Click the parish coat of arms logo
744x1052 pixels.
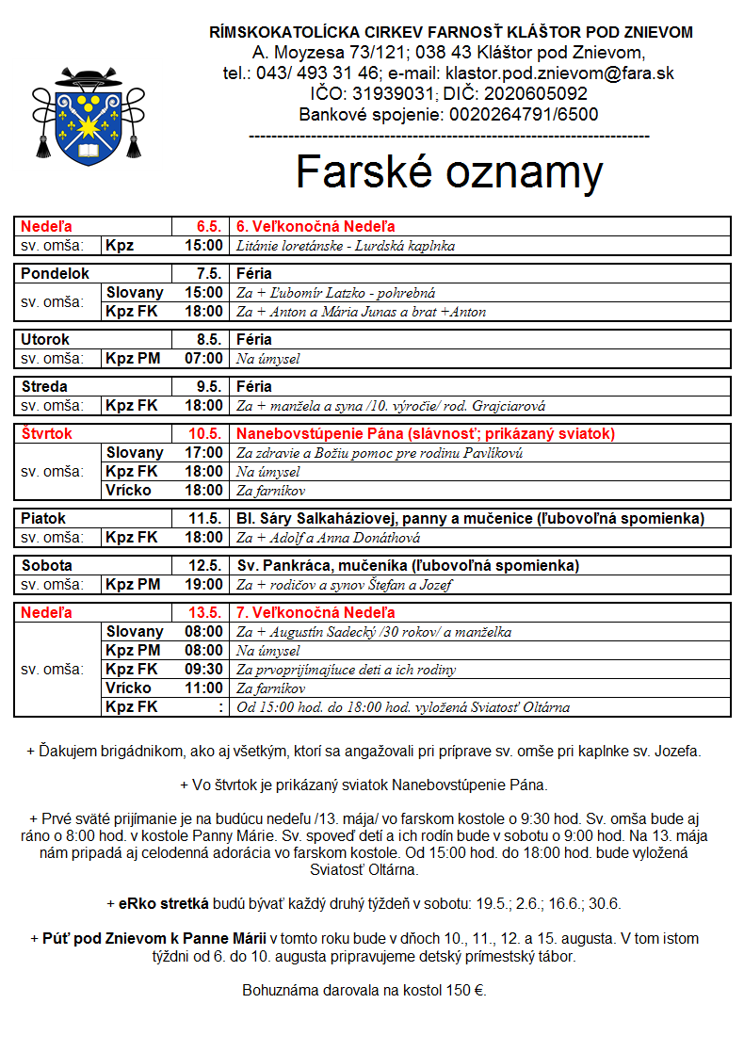tap(89, 116)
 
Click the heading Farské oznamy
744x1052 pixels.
tap(449, 171)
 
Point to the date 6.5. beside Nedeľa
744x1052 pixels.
tap(208, 227)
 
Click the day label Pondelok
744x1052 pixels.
tap(56, 274)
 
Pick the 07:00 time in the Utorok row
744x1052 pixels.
tap(204, 359)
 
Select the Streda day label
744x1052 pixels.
tap(45, 387)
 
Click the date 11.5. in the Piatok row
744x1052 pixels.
tap(204, 519)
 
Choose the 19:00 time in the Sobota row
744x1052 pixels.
tap(204, 585)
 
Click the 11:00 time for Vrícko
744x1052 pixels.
tap(204, 688)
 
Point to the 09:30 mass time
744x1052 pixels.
tap(204, 670)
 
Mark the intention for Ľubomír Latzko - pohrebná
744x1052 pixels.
tap(335, 293)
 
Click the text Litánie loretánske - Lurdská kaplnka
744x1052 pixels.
tap(346, 246)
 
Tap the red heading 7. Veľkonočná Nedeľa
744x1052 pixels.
tap(315, 613)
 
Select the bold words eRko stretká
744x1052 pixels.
tap(163, 903)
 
